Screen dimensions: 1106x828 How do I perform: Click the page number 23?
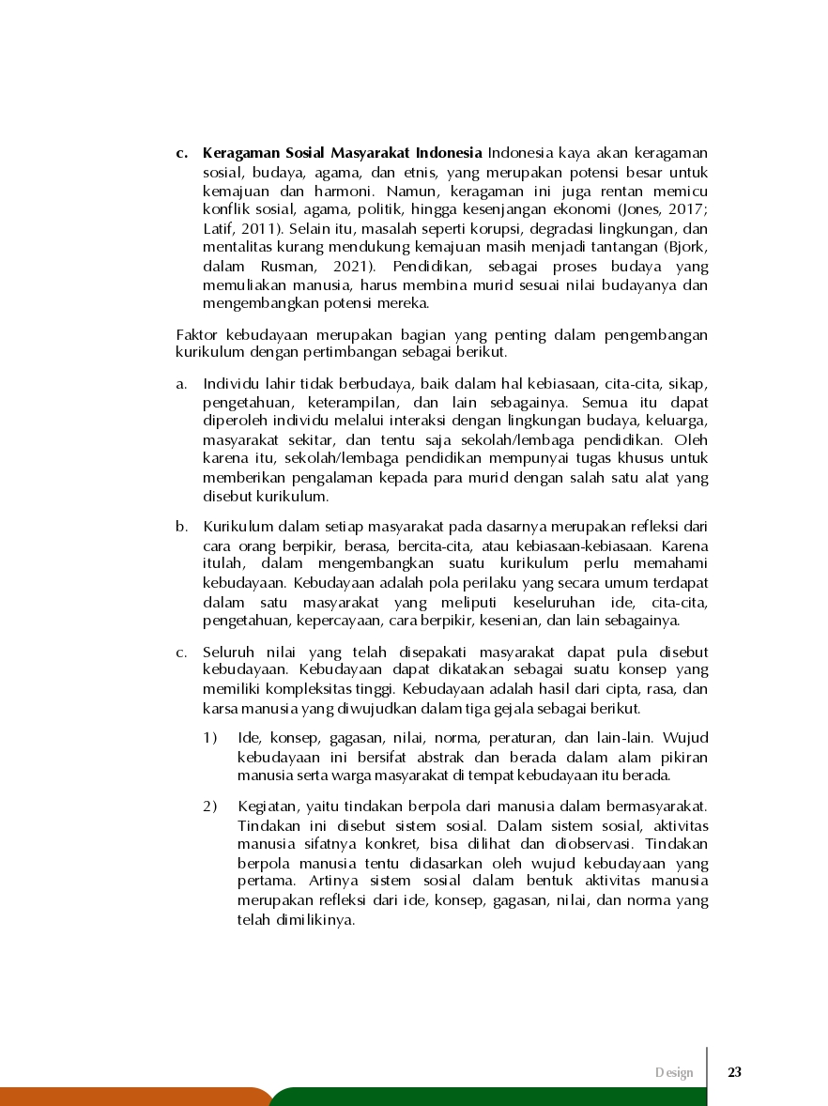tap(734, 1072)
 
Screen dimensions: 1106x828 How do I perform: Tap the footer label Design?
tap(674, 1072)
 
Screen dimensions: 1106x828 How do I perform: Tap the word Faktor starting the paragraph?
tap(196, 335)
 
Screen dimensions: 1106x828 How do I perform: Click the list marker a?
tap(181, 384)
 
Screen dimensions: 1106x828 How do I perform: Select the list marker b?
tap(181, 526)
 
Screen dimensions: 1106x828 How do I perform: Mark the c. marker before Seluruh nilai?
tap(181, 652)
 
